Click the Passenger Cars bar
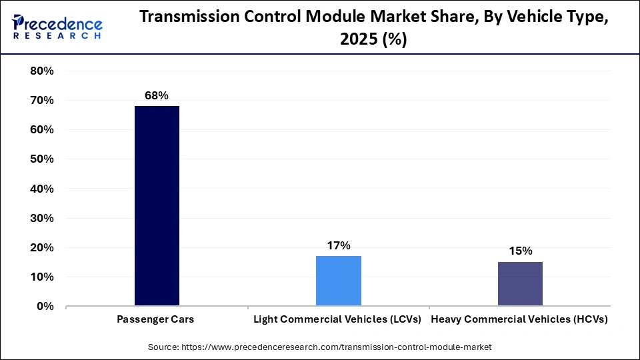coord(157,206)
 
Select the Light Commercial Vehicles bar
coord(339,281)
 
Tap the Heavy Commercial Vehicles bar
coord(520,284)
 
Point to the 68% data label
coord(157,96)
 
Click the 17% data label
coord(339,246)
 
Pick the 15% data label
coord(520,251)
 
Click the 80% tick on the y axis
coord(41,71)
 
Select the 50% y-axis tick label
coord(41,159)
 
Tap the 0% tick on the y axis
coord(45,307)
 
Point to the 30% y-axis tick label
coord(41,219)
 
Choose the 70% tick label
coord(41,101)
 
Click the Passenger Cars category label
coord(156,319)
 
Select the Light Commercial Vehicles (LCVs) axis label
coord(338,319)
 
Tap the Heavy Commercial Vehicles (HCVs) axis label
coord(520,319)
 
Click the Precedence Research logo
coord(57,27)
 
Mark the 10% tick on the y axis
coord(41,277)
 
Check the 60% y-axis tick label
coord(41,130)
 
